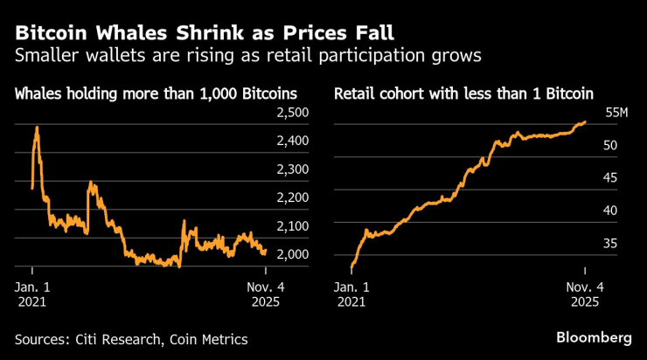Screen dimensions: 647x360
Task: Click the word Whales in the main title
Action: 132,33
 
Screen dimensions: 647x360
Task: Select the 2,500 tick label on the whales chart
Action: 293,113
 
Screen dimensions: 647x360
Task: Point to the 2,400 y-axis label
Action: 293,141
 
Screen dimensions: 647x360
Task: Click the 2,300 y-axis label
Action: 293,170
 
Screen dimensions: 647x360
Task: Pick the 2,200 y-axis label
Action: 293,197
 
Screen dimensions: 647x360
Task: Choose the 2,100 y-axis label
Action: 293,226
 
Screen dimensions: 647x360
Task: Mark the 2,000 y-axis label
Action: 293,254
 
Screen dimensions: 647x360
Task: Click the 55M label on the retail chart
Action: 616,113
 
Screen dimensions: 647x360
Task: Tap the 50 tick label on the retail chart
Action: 610,145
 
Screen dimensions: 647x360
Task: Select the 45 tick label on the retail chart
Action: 610,177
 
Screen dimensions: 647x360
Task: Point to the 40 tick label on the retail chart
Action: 610,211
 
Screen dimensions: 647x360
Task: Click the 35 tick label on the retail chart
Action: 610,243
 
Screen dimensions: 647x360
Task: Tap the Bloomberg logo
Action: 594,338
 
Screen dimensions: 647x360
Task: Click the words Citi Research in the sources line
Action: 118,339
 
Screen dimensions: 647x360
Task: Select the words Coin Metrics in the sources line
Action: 209,339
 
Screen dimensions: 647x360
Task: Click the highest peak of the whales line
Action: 37,128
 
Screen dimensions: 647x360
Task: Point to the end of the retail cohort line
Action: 585,122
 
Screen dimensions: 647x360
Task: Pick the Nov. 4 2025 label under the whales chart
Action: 266,294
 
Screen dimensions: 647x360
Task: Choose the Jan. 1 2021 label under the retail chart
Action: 351,294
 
